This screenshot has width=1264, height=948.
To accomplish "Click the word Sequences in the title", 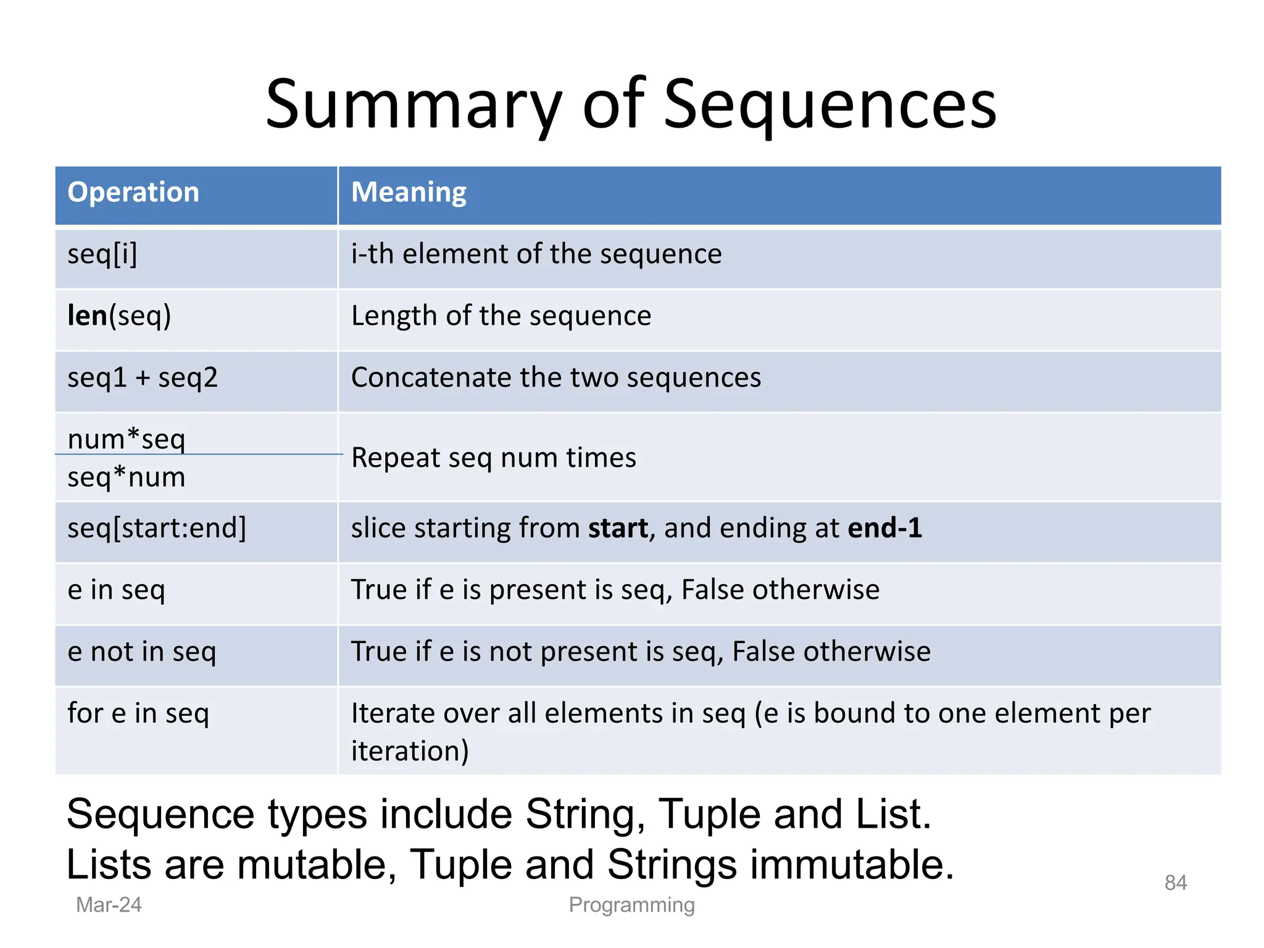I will coord(829,105).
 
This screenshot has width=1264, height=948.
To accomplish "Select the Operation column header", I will coord(133,193).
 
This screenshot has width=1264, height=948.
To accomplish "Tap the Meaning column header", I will coord(409,193).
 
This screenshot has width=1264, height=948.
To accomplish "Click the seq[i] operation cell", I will coord(102,254).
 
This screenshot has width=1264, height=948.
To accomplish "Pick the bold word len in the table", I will coord(87,316).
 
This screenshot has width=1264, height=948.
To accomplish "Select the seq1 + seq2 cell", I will coord(143,378).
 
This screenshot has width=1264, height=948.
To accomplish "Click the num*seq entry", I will coord(127,439).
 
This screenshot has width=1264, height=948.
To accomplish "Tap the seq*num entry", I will coord(127,477).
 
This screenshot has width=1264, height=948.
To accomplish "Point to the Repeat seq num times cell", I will coord(493,458).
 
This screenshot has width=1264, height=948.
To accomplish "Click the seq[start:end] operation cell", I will coord(157,528).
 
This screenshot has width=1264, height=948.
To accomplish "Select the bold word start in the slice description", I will coord(618,528).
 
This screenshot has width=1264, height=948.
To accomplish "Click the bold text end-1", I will coord(884,528).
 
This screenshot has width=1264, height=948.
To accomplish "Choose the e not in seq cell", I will coord(142,652).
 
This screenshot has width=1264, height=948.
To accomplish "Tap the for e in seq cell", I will coord(138,713).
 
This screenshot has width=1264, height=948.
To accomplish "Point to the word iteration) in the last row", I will coord(410,751).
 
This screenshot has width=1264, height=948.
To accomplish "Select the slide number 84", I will coord(1175,883).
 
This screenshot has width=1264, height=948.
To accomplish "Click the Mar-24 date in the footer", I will coord(109,905).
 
